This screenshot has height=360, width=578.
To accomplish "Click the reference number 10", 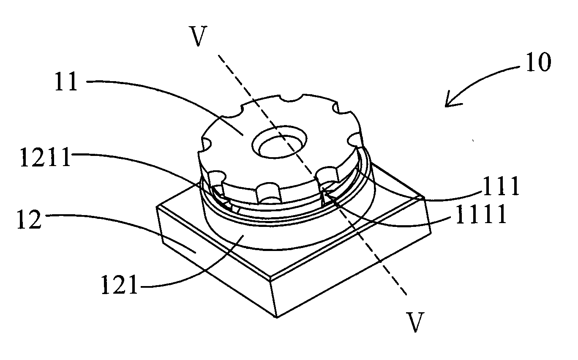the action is point(538,62).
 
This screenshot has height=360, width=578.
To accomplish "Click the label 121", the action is point(119,285).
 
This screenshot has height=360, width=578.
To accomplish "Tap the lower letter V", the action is point(415,322).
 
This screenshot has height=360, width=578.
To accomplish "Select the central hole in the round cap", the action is point(279,142).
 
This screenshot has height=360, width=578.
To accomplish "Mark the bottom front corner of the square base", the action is point(277,317).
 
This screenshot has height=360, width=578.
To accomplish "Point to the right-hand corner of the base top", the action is point(424,197).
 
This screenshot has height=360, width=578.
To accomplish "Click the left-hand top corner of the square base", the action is point(157,207).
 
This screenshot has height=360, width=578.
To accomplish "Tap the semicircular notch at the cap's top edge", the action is point(292,98).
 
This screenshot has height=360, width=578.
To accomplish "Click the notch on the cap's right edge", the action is point(355,140).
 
